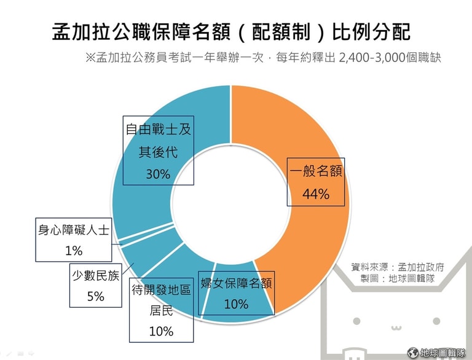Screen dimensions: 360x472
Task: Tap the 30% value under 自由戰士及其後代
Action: (158, 174)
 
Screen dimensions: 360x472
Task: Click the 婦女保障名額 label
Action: (236, 284)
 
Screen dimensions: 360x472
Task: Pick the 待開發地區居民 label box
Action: (161, 310)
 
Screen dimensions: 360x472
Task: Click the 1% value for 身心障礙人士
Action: (74, 250)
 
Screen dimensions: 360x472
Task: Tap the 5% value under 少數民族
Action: (95, 296)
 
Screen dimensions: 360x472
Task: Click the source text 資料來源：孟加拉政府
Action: (398, 267)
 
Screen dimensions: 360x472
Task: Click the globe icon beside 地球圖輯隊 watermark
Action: (413, 353)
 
